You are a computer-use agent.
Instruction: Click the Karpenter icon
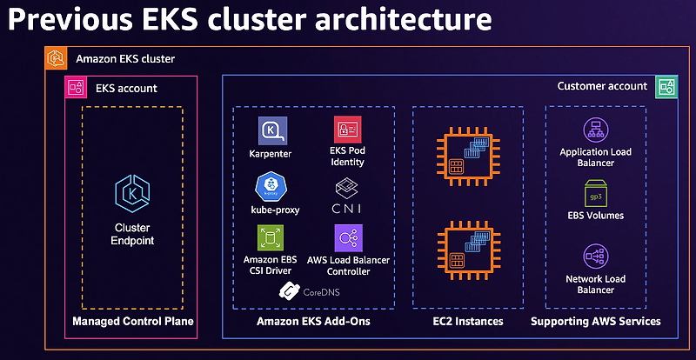[x=270, y=132]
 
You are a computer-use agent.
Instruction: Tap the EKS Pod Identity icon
[x=347, y=130]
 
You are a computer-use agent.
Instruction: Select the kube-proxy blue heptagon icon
[x=270, y=188]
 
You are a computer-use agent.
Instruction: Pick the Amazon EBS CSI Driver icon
[x=270, y=238]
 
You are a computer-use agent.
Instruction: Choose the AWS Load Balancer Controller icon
[x=348, y=238]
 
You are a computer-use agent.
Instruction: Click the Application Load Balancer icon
[x=596, y=130]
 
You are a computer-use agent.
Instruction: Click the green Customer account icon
[x=666, y=86]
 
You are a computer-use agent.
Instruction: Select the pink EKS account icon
[x=75, y=87]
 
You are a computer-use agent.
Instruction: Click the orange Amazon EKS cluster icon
[x=57, y=59]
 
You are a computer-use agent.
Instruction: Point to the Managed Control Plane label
[x=133, y=322]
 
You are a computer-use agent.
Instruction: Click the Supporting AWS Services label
[x=596, y=322]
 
